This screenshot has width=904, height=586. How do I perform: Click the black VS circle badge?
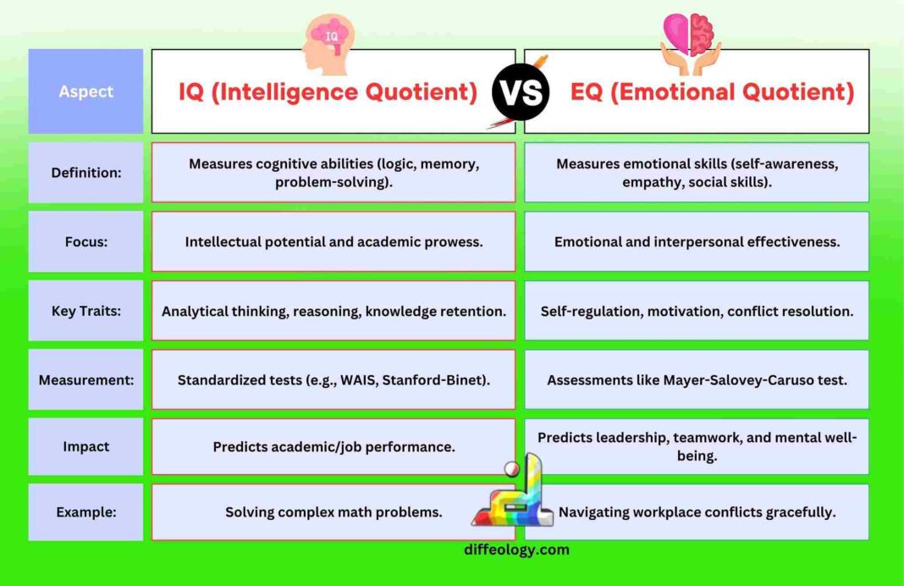[x=520, y=91]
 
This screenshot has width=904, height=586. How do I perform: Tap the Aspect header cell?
[x=85, y=91]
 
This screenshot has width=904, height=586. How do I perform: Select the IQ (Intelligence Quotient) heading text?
[x=328, y=91]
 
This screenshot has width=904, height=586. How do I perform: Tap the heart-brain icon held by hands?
[x=692, y=41]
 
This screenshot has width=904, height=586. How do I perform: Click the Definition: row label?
[x=85, y=173]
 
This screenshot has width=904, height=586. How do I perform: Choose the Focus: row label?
[x=85, y=241]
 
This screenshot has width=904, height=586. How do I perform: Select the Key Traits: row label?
[x=85, y=311]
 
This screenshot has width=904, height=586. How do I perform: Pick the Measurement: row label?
[x=85, y=379]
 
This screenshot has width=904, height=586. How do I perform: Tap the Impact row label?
[x=85, y=446]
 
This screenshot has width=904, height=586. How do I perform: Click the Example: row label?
[x=85, y=511]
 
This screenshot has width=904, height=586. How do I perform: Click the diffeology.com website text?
[x=516, y=550]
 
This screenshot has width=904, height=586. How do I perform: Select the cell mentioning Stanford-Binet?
[x=333, y=379]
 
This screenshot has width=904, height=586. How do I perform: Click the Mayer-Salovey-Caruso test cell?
[x=697, y=379]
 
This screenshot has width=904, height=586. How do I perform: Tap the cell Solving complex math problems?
[x=333, y=511]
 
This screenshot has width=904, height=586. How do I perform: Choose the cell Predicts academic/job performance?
[x=333, y=446]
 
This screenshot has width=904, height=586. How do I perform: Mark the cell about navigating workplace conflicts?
[x=697, y=511]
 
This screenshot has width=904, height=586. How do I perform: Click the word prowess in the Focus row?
[x=453, y=241]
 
